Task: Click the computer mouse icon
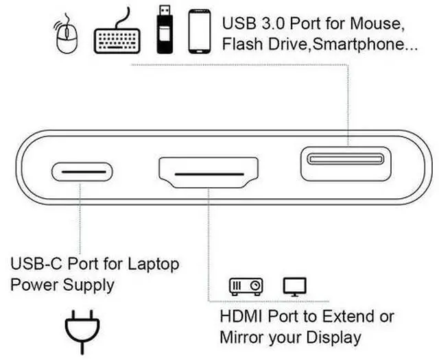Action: coord(67,36)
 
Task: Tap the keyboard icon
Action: coord(118,32)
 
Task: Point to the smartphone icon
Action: coord(199,31)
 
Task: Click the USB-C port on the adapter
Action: coord(81,171)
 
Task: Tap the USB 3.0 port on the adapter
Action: coord(345,160)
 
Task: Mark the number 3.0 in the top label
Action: coord(268,23)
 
